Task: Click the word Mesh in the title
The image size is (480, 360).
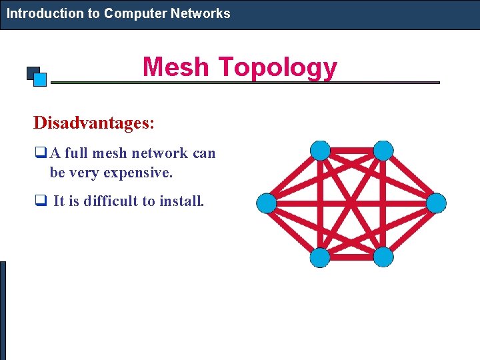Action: (x=176, y=67)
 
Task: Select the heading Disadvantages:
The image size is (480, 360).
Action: (x=94, y=123)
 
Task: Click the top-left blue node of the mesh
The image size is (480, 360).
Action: (x=321, y=151)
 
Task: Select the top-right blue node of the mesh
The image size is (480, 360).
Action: (x=383, y=151)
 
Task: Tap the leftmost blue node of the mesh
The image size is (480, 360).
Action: (x=267, y=203)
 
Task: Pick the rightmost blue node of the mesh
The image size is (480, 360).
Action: (x=436, y=203)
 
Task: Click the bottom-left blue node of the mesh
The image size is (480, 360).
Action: (x=320, y=257)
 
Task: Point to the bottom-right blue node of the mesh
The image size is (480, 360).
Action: (x=383, y=257)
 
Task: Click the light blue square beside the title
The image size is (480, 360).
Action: (x=39, y=79)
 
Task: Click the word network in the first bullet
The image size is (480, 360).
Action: (x=160, y=153)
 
